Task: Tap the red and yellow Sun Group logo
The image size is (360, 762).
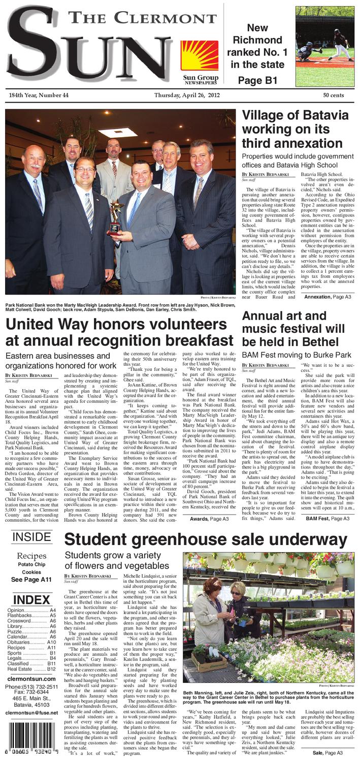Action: click(200, 55)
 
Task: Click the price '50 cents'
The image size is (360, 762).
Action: click(333, 96)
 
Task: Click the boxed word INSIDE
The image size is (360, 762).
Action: click(31, 537)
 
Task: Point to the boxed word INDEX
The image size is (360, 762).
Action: click(31, 599)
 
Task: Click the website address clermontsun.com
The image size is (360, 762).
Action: click(31, 678)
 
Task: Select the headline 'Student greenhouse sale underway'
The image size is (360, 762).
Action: click(206, 540)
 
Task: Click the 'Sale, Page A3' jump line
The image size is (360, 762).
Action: click(328, 752)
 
